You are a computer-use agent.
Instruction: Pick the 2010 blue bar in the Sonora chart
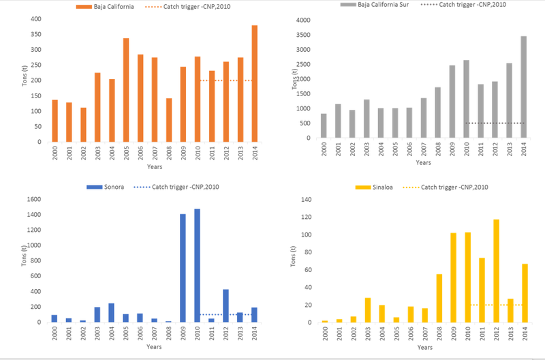click(x=198, y=265)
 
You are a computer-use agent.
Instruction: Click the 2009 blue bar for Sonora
click(x=183, y=268)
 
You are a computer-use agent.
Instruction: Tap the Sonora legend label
click(x=114, y=187)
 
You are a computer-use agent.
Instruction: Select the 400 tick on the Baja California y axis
click(x=35, y=18)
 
